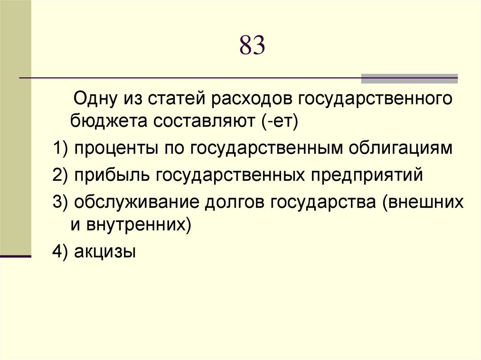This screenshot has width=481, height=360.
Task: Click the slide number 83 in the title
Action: click(x=252, y=46)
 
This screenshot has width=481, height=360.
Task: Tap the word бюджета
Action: click(x=108, y=122)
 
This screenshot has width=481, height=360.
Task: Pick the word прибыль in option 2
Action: click(x=109, y=176)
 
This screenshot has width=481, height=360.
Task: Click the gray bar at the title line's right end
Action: click(x=409, y=78)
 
